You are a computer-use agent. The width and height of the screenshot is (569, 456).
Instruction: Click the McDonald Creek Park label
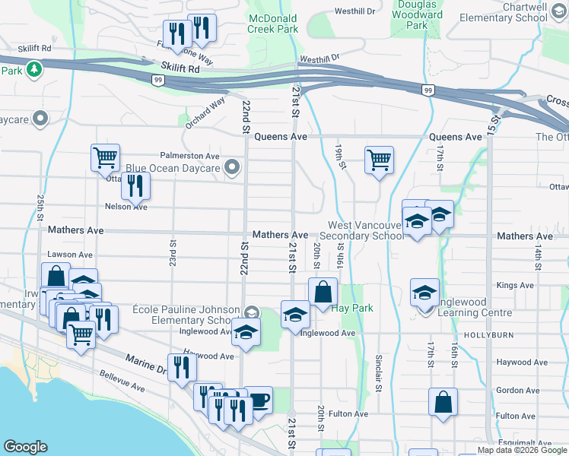[x=273, y=23]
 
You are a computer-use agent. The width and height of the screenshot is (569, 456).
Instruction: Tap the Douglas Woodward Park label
[x=416, y=14]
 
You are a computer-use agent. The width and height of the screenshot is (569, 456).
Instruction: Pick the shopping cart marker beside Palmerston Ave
[x=105, y=158]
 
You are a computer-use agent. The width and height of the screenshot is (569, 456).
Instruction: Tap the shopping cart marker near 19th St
[x=379, y=160]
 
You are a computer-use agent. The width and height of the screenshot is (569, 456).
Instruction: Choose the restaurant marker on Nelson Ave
[x=135, y=185]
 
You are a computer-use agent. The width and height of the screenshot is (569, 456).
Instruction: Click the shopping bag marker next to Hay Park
[x=323, y=291]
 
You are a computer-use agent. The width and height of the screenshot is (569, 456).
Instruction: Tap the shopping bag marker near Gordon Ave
[x=443, y=401]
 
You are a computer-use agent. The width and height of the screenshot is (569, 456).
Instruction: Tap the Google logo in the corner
[x=26, y=447]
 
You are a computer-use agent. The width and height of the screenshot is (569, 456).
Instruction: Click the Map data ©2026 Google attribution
[x=522, y=450]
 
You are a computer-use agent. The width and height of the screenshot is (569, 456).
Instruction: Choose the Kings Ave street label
[x=516, y=286]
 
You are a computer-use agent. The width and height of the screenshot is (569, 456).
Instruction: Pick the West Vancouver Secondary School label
[x=367, y=230]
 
